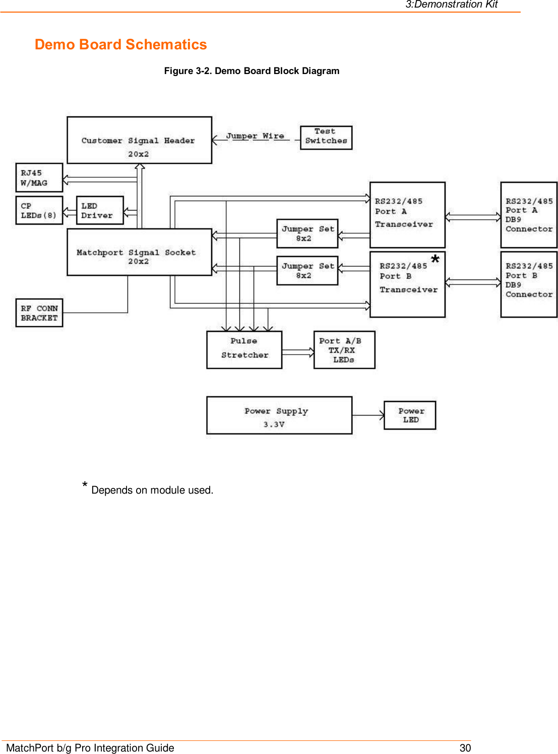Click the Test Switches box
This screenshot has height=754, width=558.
(x=326, y=138)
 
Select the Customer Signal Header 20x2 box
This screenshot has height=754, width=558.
(x=139, y=140)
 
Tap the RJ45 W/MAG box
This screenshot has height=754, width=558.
(x=39, y=177)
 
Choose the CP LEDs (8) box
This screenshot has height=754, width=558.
(x=39, y=210)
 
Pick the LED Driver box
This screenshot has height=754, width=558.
(x=99, y=210)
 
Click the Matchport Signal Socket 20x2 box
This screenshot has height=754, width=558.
(x=139, y=252)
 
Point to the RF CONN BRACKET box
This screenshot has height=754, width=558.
(x=39, y=313)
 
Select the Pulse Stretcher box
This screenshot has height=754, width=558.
(x=244, y=350)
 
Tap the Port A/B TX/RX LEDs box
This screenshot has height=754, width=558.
(x=344, y=350)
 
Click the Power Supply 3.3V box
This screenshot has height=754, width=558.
(x=279, y=415)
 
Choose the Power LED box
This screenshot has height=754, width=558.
(x=409, y=415)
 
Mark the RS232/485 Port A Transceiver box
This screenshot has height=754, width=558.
(x=407, y=215)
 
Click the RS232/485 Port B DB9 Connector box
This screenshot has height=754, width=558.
(x=528, y=284)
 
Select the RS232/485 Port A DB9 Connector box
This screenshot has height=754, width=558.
(x=528, y=215)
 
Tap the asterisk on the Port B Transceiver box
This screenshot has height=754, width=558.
(x=435, y=259)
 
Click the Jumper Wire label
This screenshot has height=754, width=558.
(x=255, y=136)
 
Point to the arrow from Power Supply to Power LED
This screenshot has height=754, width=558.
(x=368, y=415)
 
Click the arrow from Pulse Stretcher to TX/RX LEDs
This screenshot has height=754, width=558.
(x=298, y=352)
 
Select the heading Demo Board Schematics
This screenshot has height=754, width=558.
(x=120, y=44)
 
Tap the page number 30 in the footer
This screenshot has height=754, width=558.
(x=465, y=747)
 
